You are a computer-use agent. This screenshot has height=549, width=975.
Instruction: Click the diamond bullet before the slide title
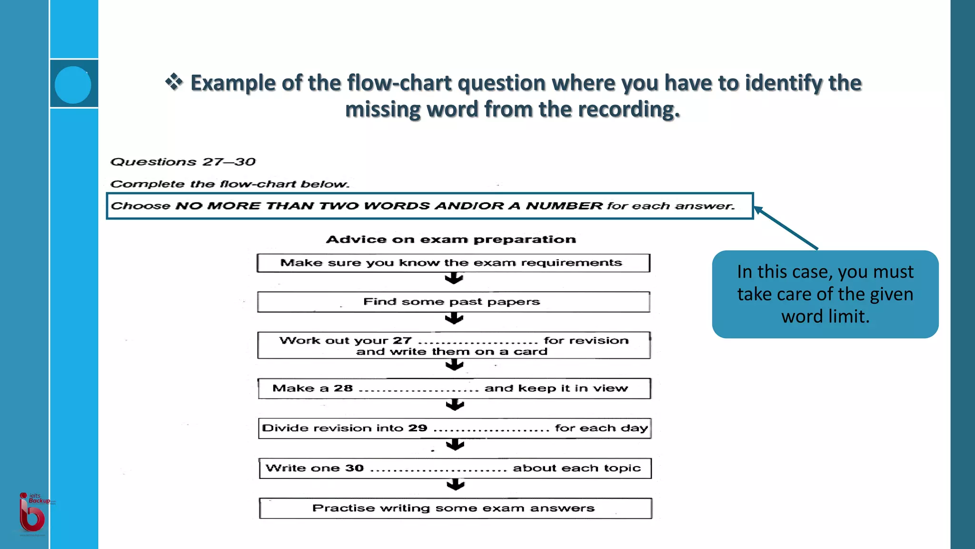coord(174,82)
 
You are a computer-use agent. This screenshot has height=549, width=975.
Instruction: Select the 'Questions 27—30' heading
coord(183,162)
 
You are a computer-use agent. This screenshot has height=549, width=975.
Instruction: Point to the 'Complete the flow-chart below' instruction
coord(229,184)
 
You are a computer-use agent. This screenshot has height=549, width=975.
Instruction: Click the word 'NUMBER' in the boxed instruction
coord(564,206)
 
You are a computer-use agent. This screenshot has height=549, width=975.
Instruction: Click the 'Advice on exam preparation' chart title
coord(451,239)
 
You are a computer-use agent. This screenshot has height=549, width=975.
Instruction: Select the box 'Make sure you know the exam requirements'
coord(453,263)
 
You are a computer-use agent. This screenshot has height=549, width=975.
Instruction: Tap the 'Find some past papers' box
coord(453,302)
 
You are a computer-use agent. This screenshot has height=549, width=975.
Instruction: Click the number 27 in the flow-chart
coord(402,340)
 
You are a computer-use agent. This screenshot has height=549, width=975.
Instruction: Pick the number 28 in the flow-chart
coord(343,388)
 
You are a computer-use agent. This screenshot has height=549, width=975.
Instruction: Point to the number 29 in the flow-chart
coord(418,428)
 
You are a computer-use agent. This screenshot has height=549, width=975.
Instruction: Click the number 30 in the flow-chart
coord(354,468)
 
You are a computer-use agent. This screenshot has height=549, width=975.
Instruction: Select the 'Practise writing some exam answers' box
coord(455,508)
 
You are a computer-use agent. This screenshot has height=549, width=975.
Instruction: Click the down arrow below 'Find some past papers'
coord(454,318)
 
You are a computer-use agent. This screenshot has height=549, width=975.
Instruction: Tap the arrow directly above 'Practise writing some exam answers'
coord(456,485)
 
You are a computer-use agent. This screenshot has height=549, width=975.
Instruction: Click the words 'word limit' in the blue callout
coord(825,316)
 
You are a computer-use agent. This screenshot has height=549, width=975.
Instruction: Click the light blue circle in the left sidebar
coord(73,85)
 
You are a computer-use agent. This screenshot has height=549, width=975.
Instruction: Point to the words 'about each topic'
coord(577,468)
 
